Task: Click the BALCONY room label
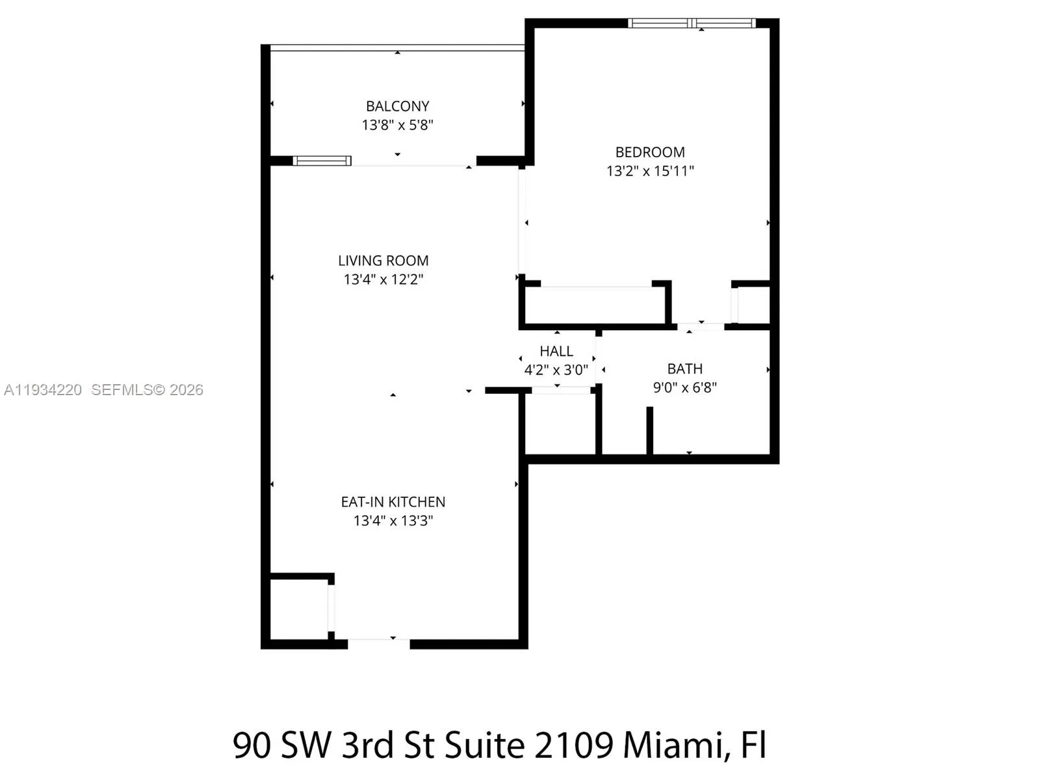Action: click(x=397, y=106)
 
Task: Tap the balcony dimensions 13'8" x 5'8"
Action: click(x=397, y=125)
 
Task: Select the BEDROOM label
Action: click(x=650, y=152)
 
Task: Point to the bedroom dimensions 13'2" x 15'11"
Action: click(x=650, y=171)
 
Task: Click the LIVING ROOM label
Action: click(x=383, y=261)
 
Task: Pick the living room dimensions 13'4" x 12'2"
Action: click(x=383, y=279)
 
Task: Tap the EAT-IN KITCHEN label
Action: click(x=393, y=502)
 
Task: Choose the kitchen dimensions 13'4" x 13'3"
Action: click(x=393, y=521)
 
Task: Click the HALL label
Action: click(x=556, y=351)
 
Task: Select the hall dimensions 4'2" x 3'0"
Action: click(x=556, y=370)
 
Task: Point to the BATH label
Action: click(x=685, y=369)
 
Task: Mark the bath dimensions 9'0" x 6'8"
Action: click(x=685, y=387)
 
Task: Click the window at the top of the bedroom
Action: click(x=692, y=23)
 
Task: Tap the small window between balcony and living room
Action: click(x=322, y=161)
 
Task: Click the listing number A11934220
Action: click(x=43, y=389)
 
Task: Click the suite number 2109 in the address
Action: click(x=573, y=745)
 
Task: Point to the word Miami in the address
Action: click(x=672, y=745)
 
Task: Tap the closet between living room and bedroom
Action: click(x=595, y=305)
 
